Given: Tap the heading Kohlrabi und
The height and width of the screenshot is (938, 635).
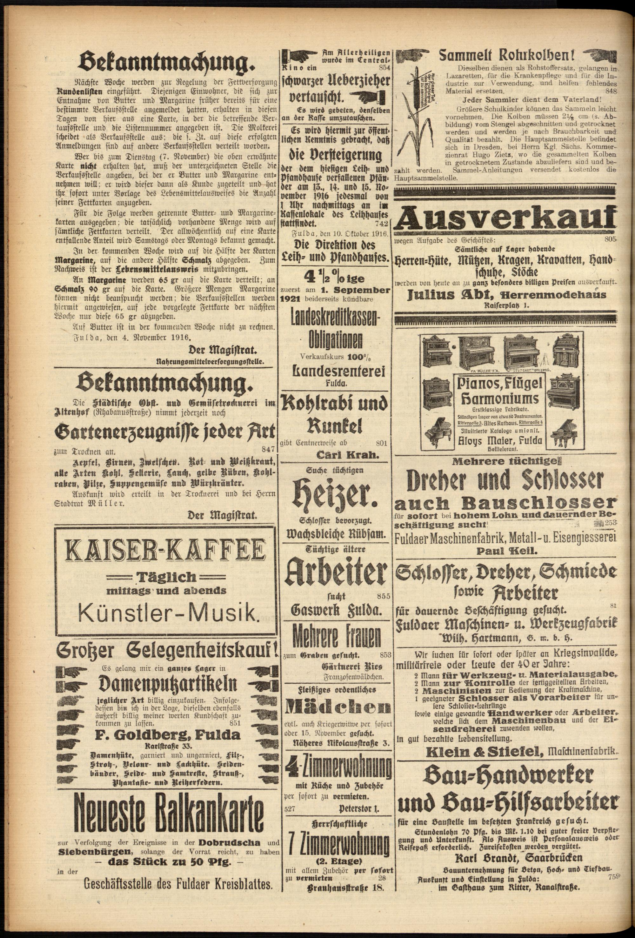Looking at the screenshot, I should pyautogui.click(x=334, y=404).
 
